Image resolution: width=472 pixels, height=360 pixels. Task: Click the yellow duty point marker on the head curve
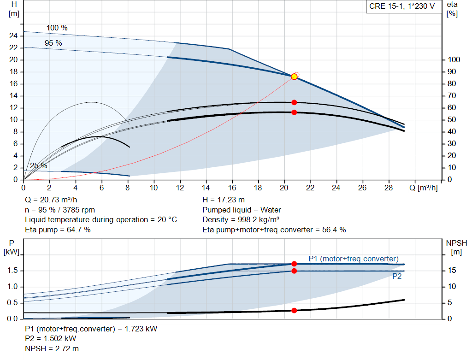pos(294,77)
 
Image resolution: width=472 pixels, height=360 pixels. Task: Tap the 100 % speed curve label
pos(57,28)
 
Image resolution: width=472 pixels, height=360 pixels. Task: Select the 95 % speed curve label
pos(53,43)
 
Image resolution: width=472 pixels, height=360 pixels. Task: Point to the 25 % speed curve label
pos(39,165)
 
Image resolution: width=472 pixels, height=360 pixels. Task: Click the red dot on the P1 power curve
pos(294,264)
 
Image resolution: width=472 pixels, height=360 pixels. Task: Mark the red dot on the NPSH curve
pos(294,310)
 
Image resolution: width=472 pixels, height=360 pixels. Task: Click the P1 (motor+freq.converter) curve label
pos(353,259)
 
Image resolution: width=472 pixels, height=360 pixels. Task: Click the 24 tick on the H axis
pos(13,36)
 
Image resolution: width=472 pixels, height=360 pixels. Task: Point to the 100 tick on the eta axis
pos(454,60)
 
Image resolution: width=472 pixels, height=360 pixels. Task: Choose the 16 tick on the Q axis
pos(232,188)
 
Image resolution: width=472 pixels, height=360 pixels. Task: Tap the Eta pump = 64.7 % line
pos(58,230)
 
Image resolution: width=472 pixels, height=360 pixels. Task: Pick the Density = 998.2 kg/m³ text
pos(241,220)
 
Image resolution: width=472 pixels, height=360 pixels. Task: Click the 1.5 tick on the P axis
pos(12,271)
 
